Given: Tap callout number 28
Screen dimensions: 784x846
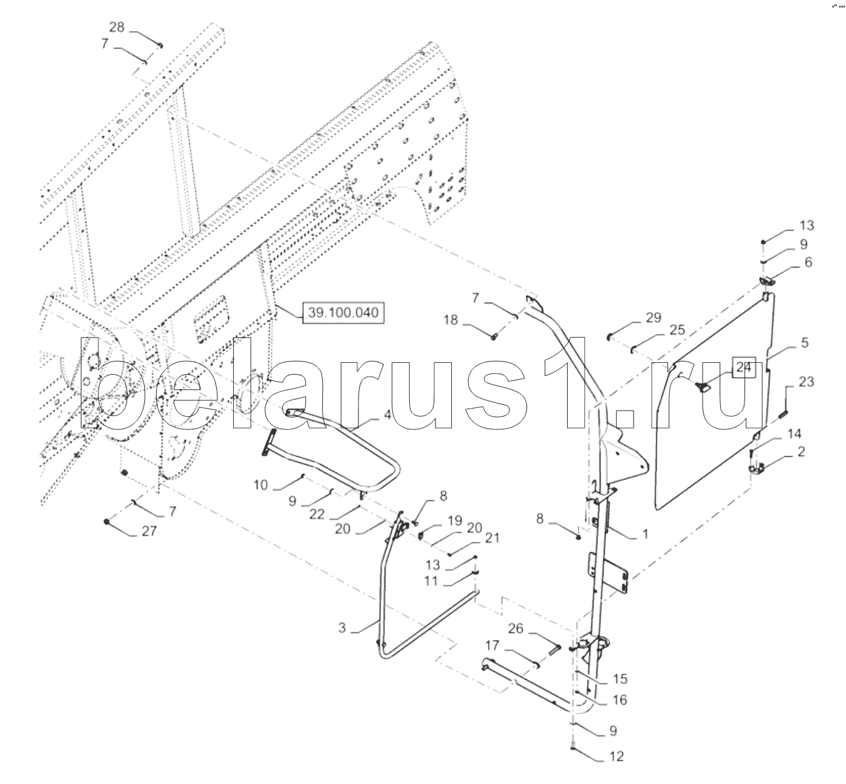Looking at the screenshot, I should coord(117,27).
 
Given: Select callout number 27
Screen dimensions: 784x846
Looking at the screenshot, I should coord(149,532).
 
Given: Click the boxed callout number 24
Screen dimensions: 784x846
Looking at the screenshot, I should coord(743,368).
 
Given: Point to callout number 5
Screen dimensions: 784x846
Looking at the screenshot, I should coord(805,343).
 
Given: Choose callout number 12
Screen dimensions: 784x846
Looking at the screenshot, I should coord(617,756).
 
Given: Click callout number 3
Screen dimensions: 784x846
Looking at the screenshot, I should coord(342,627).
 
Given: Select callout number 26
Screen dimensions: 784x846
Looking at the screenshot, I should coord(515,628).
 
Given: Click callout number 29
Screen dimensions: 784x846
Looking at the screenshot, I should coord(653,318).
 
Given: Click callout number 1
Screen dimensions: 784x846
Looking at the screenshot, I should coord(645,535).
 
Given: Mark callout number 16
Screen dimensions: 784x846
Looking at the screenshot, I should coord(619,700).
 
